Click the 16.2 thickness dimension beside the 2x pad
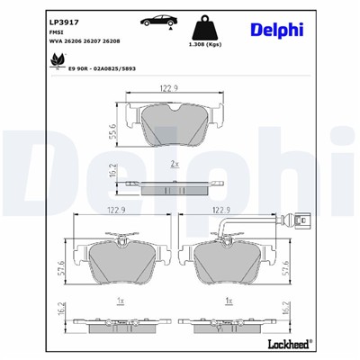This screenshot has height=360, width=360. (112, 168)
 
